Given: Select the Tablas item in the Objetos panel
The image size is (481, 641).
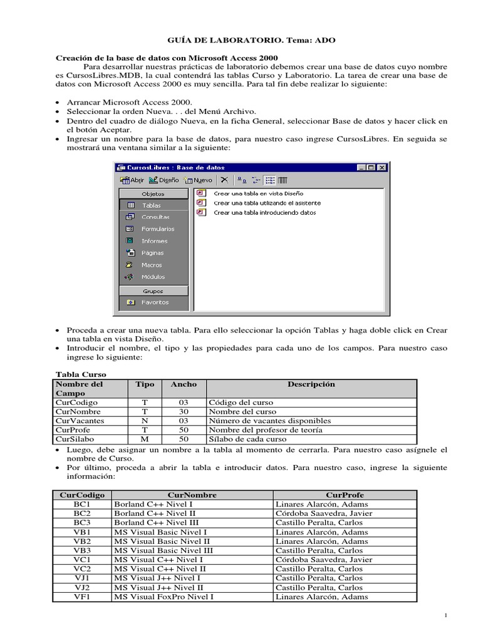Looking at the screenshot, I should click(x=151, y=205).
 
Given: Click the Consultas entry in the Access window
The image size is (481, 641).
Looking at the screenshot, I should click(x=155, y=217).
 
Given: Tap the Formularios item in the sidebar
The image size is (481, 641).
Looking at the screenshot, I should click(x=157, y=229).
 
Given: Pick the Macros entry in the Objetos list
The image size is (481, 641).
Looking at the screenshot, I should click(x=151, y=265).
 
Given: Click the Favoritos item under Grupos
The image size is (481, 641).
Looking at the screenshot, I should click(x=154, y=302).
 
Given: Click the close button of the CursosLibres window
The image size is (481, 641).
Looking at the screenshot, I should click(x=382, y=168).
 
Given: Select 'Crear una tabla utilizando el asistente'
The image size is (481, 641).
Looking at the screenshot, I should click(x=267, y=203).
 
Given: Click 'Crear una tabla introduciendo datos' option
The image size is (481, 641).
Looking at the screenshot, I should click(x=264, y=213).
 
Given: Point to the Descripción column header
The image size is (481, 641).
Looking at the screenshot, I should click(x=311, y=384).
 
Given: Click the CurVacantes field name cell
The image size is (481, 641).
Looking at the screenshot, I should click(x=80, y=421).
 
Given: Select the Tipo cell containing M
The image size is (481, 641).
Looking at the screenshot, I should click(x=144, y=439).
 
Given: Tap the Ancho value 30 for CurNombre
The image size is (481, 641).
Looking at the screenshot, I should click(x=184, y=412).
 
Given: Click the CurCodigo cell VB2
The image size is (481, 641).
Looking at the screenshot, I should click(x=82, y=541).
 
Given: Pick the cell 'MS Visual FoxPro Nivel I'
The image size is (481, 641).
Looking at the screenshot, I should click(x=163, y=597).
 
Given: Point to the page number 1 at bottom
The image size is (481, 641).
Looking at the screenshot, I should click(x=445, y=617).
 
